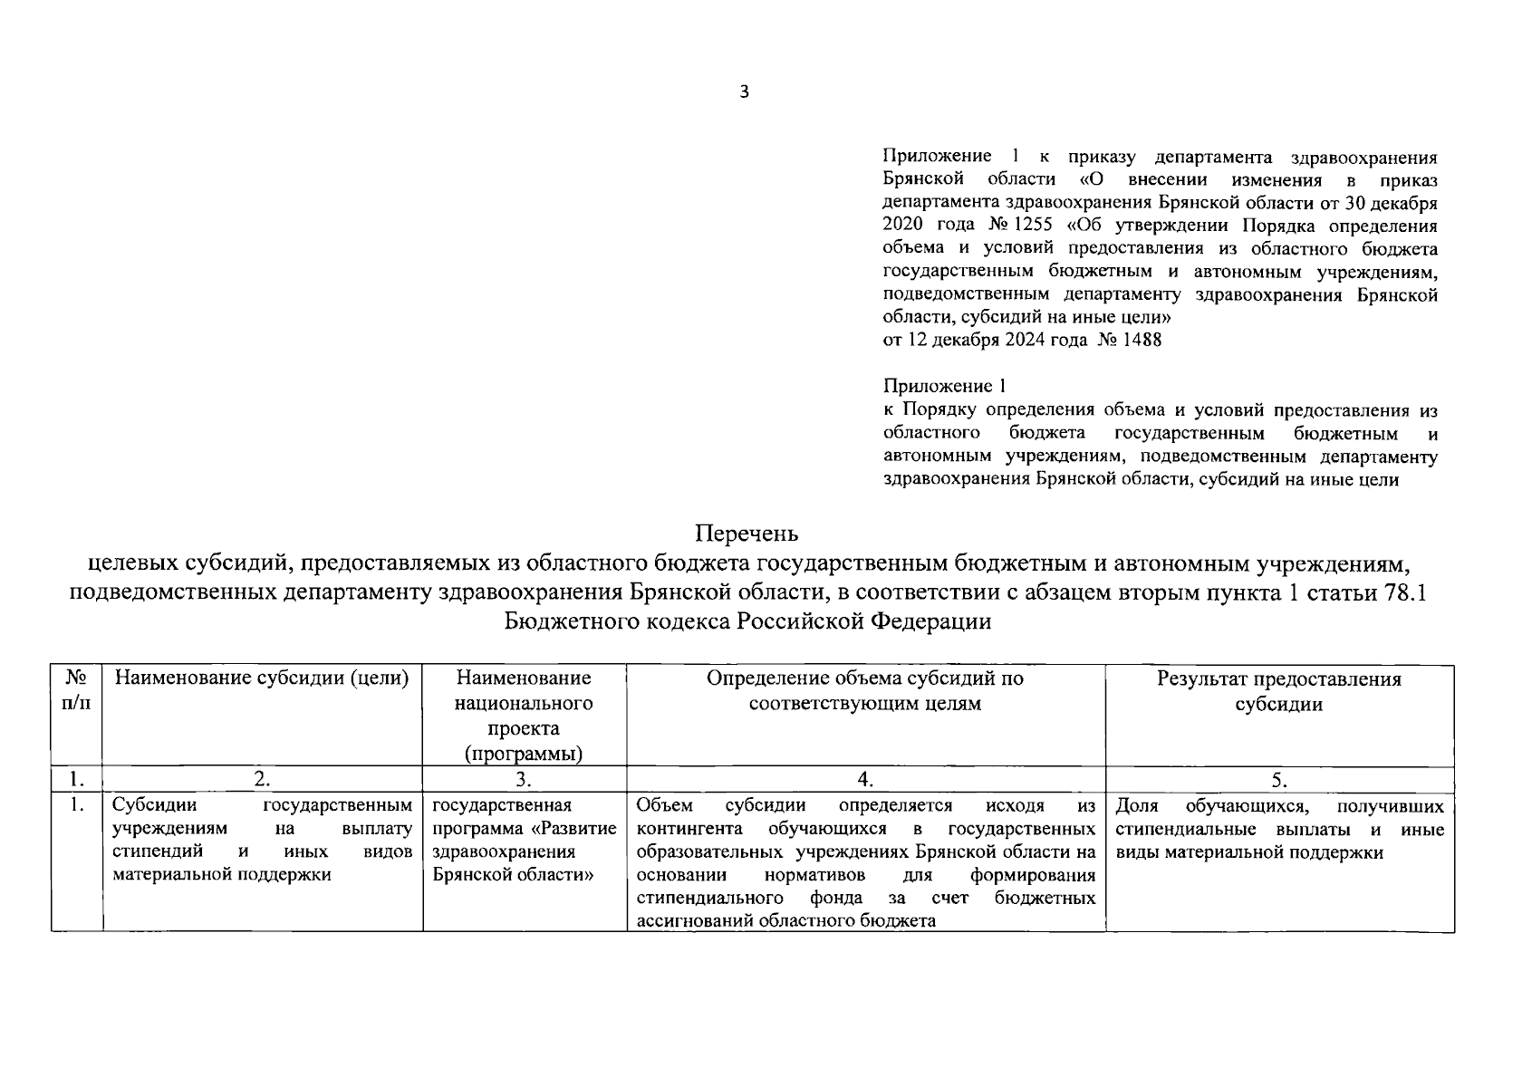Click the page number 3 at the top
coord(745,91)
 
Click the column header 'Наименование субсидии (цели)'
coord(262,679)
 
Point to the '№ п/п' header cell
coord(76,690)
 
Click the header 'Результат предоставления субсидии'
coord(1278,692)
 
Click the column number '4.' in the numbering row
coord(865,780)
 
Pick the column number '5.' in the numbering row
coord(1278,780)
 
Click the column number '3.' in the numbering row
coord(524,780)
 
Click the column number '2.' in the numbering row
coord(262,780)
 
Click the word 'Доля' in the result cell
coord(1137,806)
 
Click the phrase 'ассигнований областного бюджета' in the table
coord(785,921)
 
